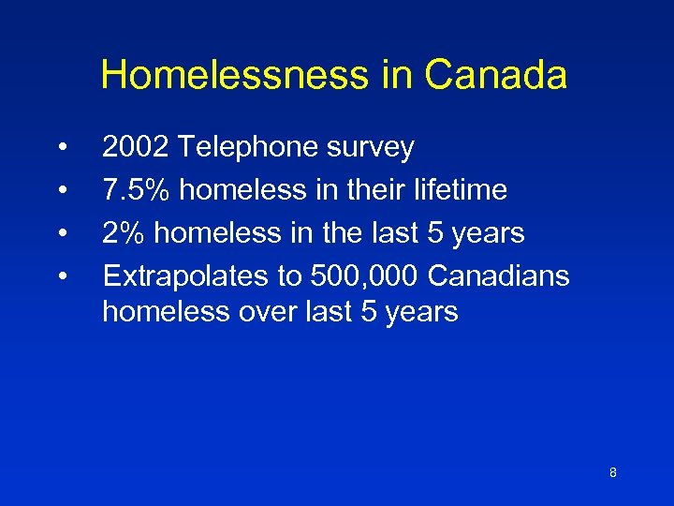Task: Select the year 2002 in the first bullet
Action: pos(135,147)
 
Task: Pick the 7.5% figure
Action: pos(137,190)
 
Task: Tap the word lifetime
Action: pos(462,190)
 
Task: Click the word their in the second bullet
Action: pos(374,190)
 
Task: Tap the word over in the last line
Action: pos(265,311)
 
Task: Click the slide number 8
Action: pos(612,472)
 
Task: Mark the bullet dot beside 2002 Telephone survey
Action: pos(62,148)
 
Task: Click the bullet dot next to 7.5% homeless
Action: pos(62,191)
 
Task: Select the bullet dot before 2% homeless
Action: pos(62,233)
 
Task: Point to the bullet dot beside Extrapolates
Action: pos(62,276)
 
